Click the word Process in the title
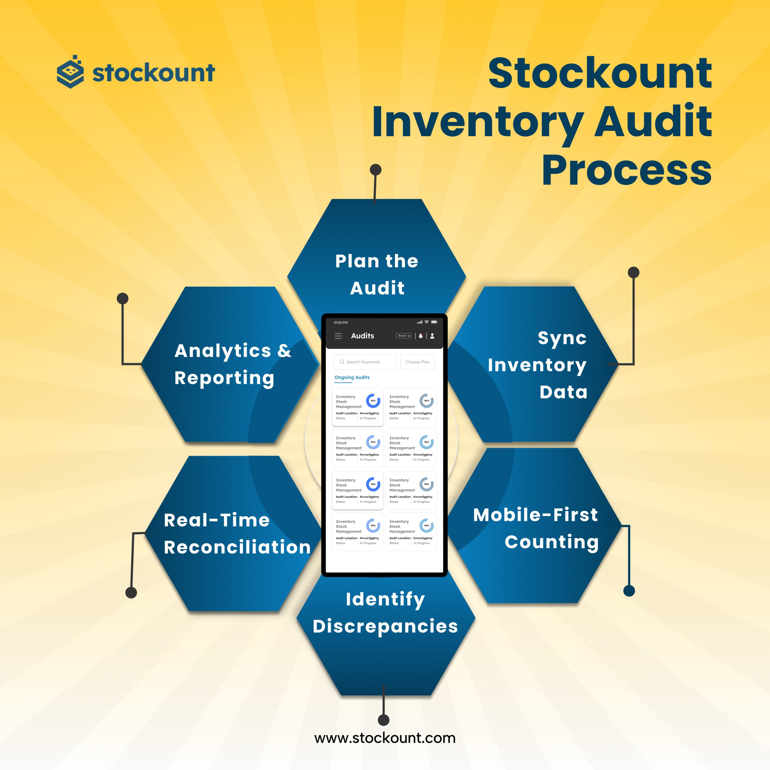click(x=626, y=171)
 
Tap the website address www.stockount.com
click(x=385, y=738)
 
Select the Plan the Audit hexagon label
click(x=377, y=274)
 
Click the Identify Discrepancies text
click(x=385, y=613)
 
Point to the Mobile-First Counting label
click(x=535, y=528)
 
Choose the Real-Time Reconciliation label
click(x=237, y=533)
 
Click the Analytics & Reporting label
click(x=233, y=364)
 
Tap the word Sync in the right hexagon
click(x=562, y=338)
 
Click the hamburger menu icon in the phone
click(x=338, y=336)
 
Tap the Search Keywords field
click(x=364, y=362)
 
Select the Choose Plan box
click(x=417, y=362)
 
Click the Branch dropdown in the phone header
click(x=403, y=336)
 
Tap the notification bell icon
click(x=420, y=336)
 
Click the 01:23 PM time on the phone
click(x=341, y=322)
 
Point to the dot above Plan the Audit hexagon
click(x=375, y=170)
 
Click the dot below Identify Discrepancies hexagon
click(x=383, y=720)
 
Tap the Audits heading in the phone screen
click(x=362, y=336)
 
